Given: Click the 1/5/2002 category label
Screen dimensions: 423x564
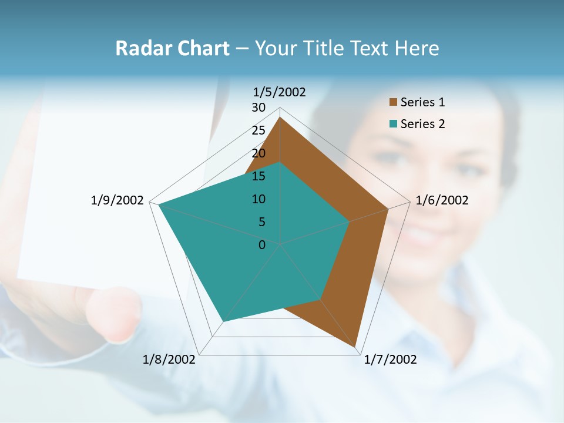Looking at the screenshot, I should pos(280,92).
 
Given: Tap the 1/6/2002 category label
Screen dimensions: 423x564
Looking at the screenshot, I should pos(442,200).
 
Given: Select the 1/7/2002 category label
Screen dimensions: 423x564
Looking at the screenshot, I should pos(390,359).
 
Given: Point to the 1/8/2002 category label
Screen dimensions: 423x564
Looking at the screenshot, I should pos(169,359).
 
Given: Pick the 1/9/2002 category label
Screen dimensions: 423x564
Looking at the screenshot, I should pos(117,200).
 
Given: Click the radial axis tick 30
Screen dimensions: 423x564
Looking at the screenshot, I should pos(258,108).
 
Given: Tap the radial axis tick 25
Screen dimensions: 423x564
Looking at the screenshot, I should pos(258,130).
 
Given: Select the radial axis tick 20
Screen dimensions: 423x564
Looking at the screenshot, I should pos(258,153).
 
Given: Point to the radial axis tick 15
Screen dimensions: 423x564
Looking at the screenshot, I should pos(258,176).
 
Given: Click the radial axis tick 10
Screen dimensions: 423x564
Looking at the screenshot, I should pos(258,199).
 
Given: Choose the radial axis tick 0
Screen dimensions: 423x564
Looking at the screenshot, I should pos(262,245).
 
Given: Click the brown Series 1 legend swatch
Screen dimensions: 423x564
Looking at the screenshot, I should pos(393,102).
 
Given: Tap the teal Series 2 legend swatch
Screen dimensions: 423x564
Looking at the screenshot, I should pos(393,124).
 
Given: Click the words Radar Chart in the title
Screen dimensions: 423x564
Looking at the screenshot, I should pos(172,48).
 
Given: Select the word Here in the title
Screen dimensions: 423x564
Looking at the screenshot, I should pos(417,48).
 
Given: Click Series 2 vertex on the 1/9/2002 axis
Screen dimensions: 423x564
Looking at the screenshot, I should pos(159,204).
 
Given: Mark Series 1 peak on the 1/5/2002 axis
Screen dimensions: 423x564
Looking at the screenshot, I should pos(280,117).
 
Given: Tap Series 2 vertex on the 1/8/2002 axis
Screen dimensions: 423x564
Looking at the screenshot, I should pos(223,321).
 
